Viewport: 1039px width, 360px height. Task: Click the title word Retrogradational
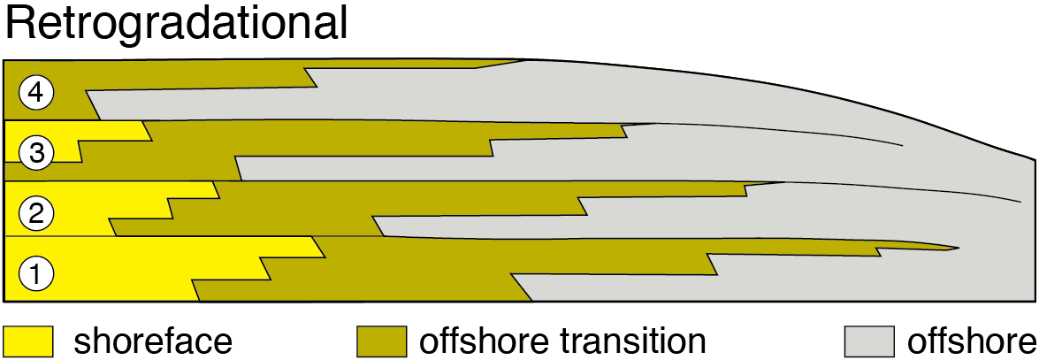point(177,24)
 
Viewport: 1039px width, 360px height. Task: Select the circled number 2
point(36,212)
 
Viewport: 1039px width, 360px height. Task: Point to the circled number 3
point(36,152)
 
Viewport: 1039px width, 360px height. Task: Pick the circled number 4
point(36,91)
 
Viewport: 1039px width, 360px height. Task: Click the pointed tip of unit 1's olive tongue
point(959,248)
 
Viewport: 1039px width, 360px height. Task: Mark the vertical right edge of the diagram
point(1035,230)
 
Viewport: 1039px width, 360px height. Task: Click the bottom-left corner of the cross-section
point(4,301)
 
